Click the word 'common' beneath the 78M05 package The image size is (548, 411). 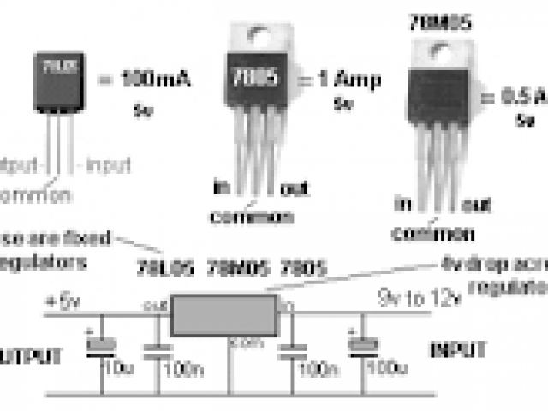pos(433,232)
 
